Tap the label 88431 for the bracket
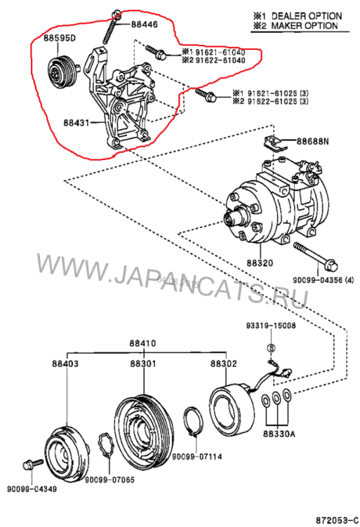click(76, 123)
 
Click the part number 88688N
click(313, 142)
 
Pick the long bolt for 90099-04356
click(315, 256)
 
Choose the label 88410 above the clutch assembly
click(143, 343)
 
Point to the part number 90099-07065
click(109, 480)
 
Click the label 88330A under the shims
click(279, 434)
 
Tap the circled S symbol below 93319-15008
click(271, 348)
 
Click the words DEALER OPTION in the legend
click(307, 16)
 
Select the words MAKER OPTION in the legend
click(305, 26)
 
